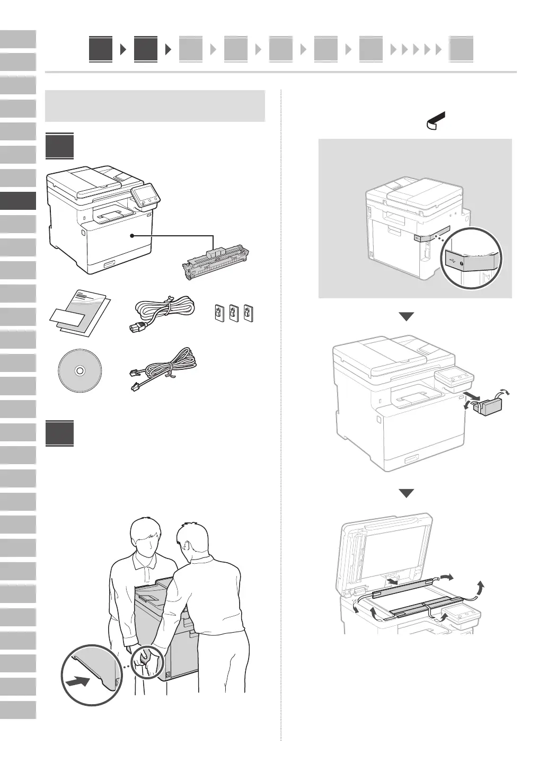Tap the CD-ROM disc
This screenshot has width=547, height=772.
80,371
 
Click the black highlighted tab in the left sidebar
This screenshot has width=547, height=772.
18,201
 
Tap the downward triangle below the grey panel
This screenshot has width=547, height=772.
407,317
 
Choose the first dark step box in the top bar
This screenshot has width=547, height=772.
101,50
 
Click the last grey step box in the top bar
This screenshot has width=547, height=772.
461,50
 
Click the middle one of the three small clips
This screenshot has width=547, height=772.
233,314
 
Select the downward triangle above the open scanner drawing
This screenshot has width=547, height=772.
407,493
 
